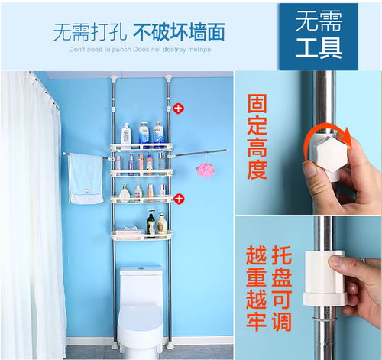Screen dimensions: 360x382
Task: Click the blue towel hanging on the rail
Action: (85, 179)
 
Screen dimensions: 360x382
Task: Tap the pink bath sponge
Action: (205, 169)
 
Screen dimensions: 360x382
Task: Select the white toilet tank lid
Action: (141, 271)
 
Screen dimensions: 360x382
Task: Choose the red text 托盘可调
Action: (283, 289)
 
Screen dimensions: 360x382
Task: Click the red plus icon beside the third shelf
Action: (178, 199)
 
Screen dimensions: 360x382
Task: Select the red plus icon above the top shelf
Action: (178, 109)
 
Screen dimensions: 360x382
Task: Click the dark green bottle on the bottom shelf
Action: (151, 224)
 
